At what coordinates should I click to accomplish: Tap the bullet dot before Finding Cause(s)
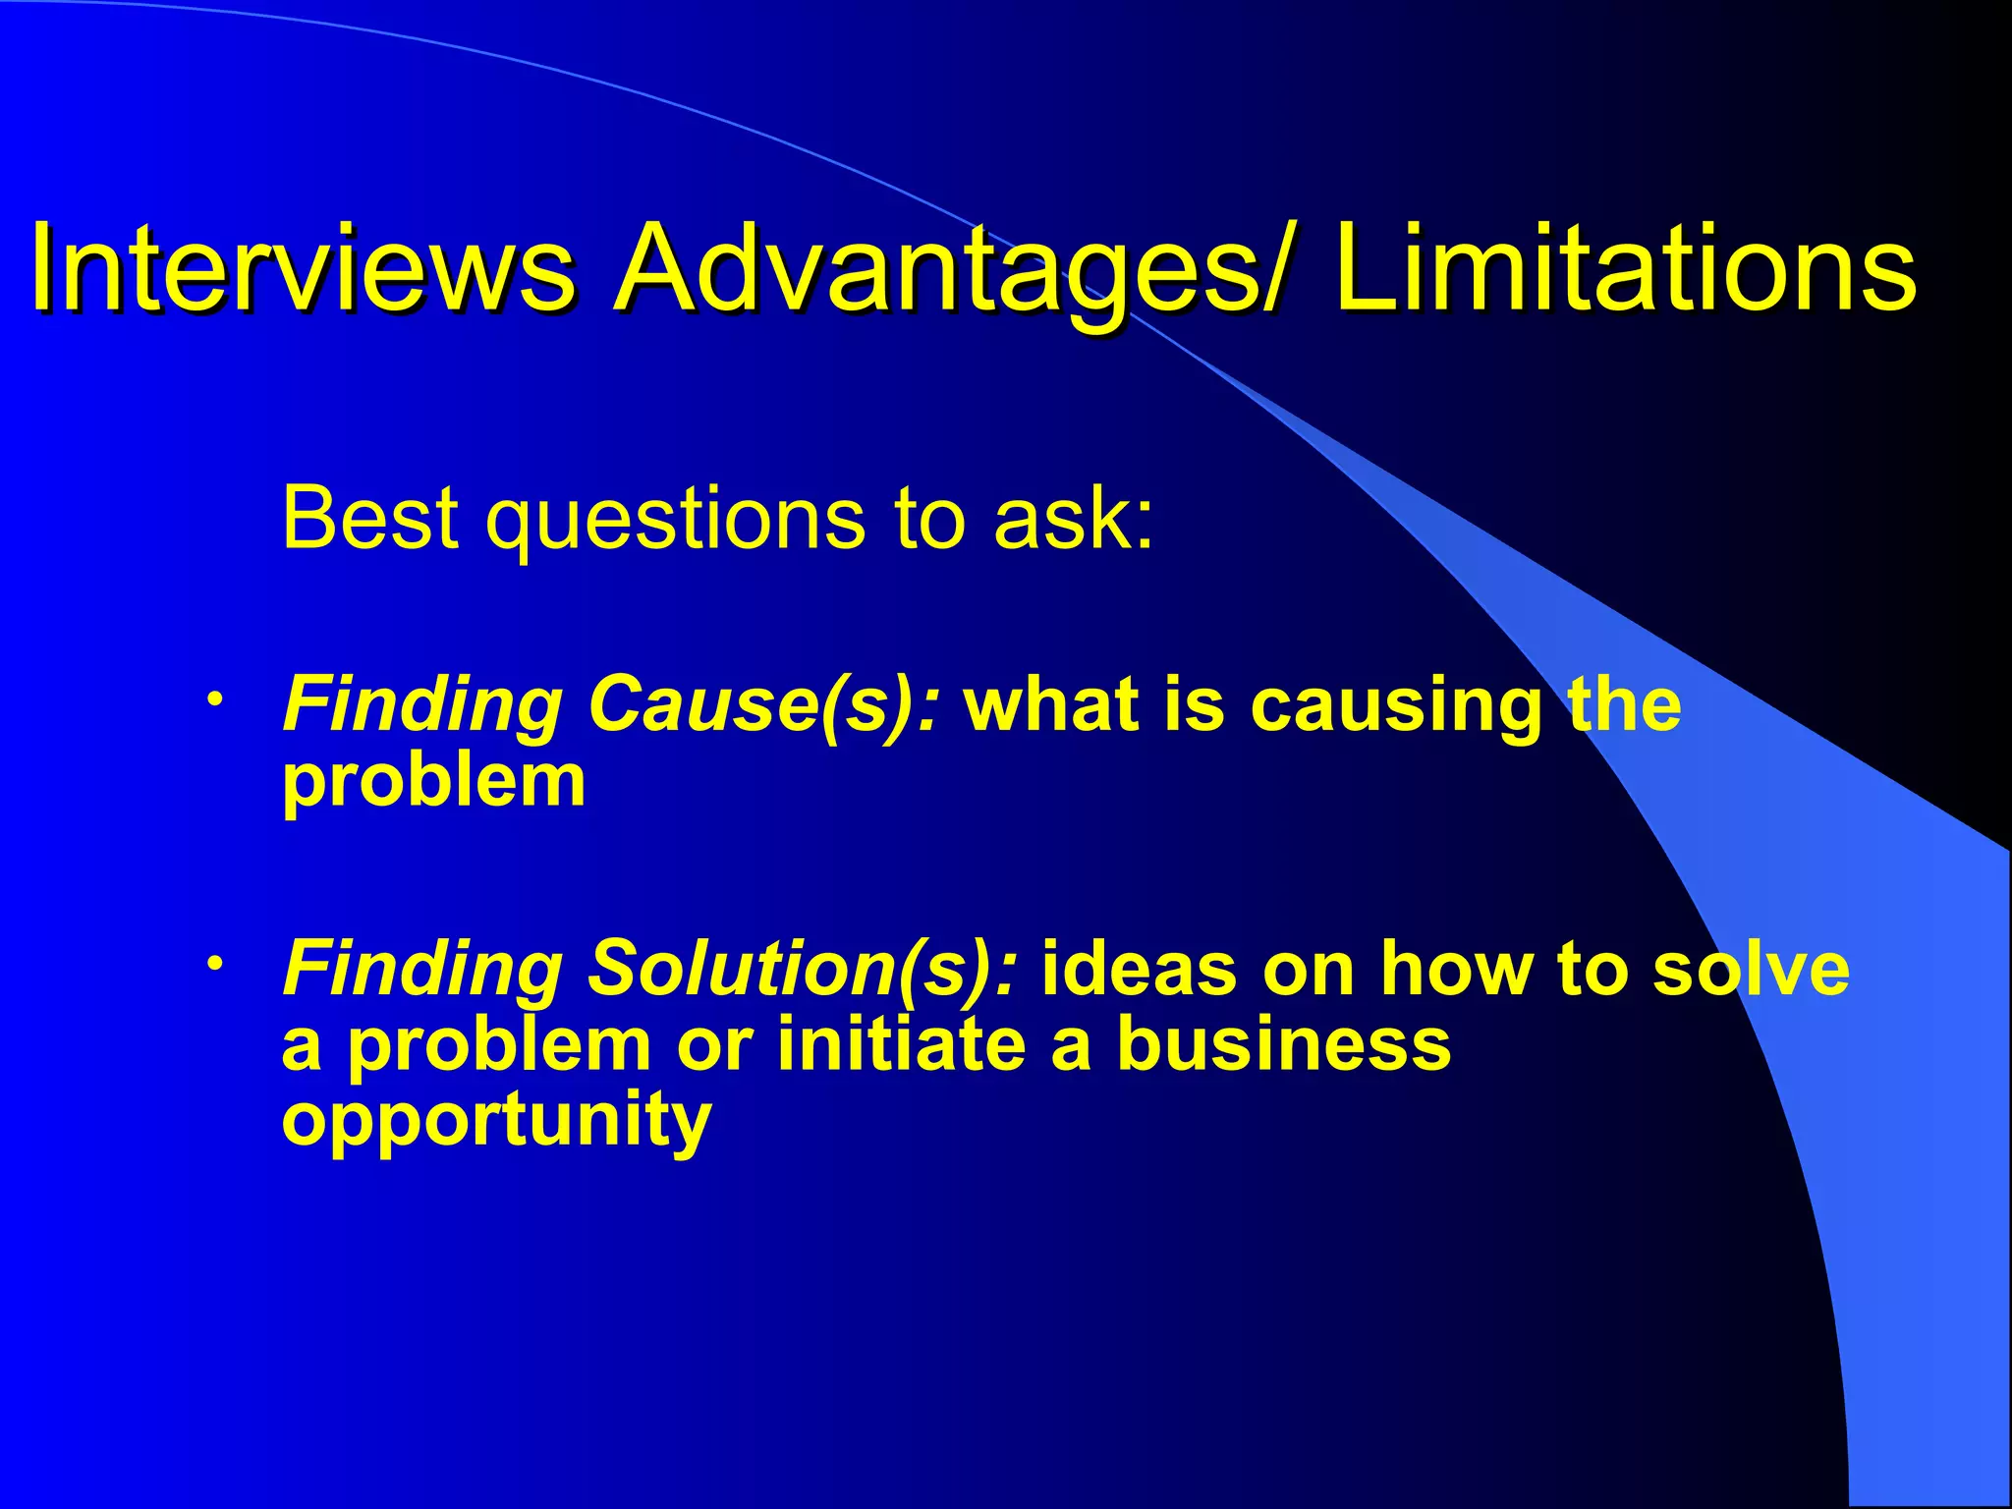click(x=213, y=699)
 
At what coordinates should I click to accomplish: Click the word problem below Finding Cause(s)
click(x=433, y=783)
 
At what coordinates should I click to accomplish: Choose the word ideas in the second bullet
click(x=1140, y=968)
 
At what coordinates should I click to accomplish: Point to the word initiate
click(x=901, y=1043)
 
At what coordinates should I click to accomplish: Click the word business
click(x=1283, y=1043)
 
